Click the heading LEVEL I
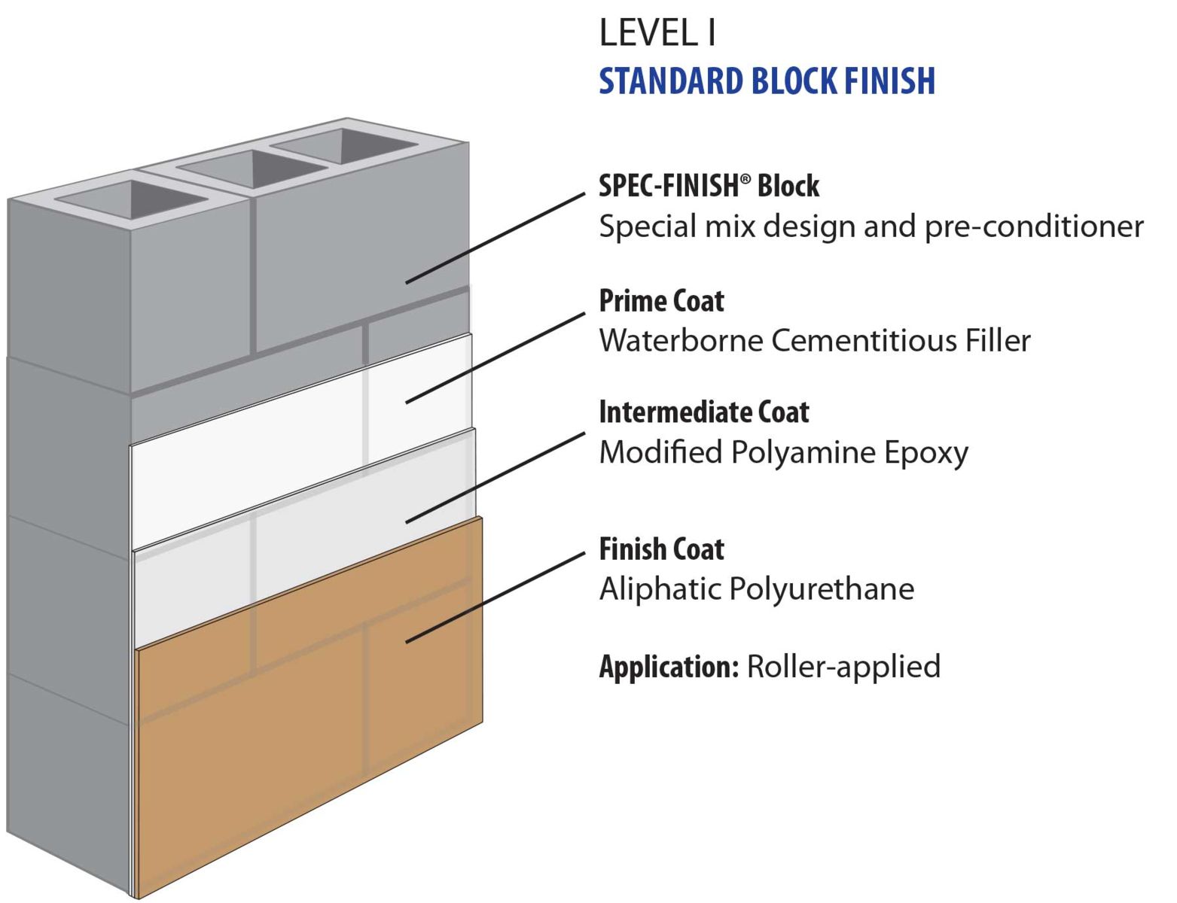coord(657,33)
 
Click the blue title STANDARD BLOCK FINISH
coord(767,81)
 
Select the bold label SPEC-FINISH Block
coord(709,186)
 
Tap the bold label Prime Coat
coord(661,301)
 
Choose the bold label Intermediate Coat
coord(703,412)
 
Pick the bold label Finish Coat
coord(661,549)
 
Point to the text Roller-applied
coord(843,667)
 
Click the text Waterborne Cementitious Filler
coord(814,341)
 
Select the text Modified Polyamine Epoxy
coord(783,452)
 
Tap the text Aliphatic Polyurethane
coord(756,588)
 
